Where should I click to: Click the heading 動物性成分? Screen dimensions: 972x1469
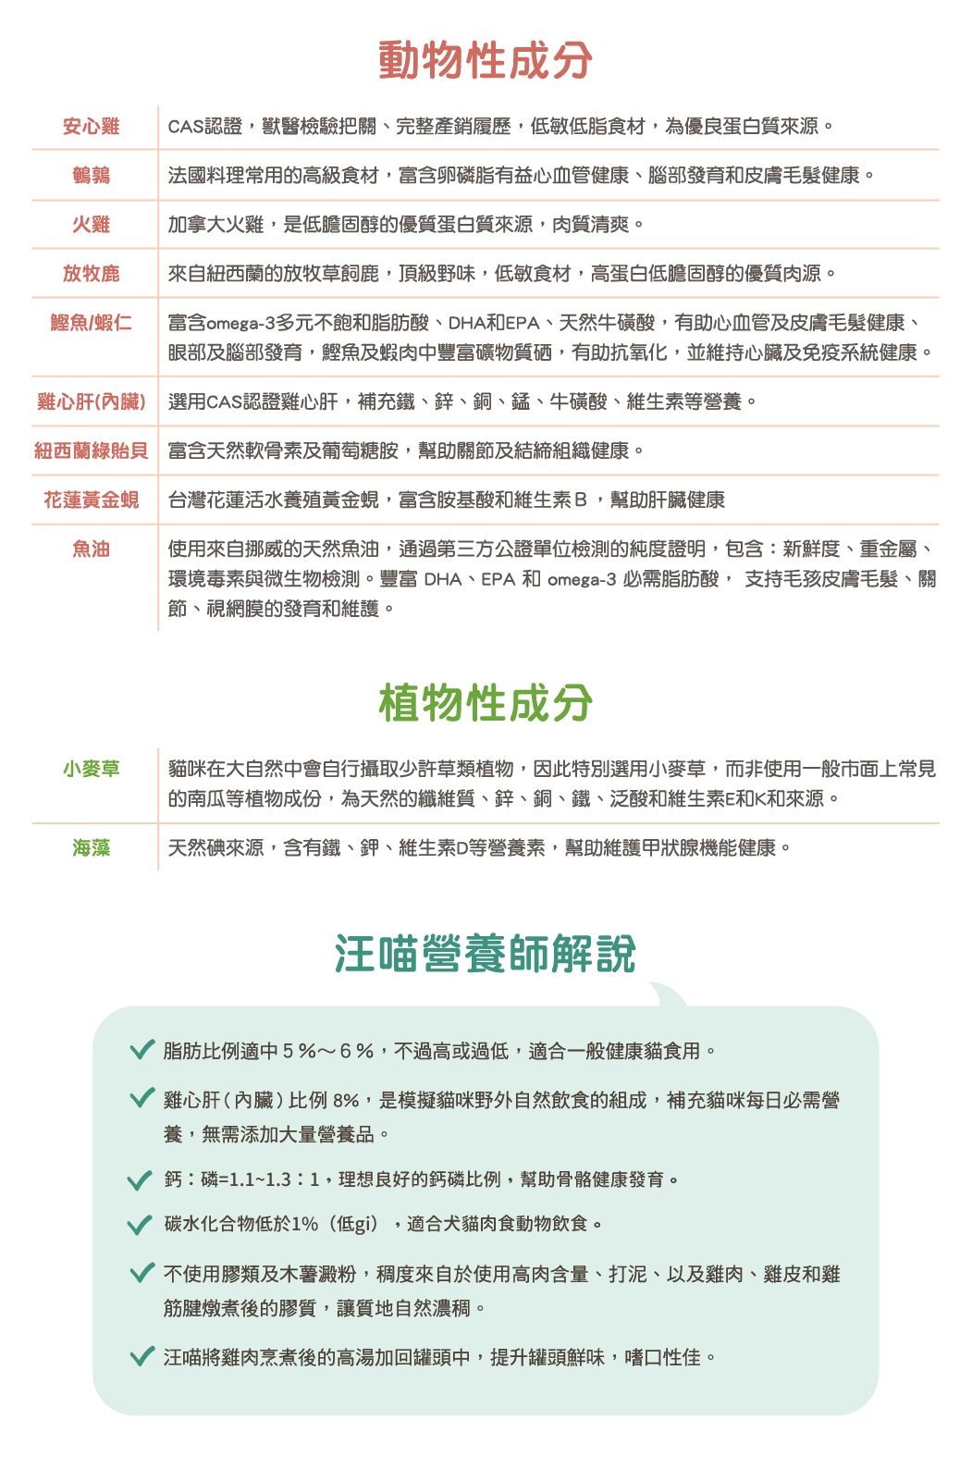486,59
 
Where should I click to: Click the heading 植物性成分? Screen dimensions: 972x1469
486,702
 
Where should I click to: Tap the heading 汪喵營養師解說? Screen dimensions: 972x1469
486,954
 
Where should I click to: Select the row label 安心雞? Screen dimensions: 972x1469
92,127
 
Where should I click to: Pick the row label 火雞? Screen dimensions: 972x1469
92,225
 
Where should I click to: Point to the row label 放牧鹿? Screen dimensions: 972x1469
92,274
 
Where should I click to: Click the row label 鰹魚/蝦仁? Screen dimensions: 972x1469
92,323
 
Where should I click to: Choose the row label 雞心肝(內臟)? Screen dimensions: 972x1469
92,401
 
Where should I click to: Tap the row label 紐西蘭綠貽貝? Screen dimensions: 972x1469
92,451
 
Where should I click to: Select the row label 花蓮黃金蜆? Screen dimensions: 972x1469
92,500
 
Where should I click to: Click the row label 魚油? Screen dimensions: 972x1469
92,549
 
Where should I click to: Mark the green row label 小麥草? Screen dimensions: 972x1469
92,769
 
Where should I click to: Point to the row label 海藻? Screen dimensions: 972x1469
92,847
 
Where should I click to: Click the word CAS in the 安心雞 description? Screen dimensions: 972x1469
185,127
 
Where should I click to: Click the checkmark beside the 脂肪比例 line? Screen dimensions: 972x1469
141,1049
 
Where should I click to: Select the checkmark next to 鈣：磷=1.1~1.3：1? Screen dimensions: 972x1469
140,1179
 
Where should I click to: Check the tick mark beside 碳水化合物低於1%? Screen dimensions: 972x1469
140,1225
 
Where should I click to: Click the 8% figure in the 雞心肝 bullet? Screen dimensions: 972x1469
346,1101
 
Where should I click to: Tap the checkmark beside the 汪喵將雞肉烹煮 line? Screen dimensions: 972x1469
141,1357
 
